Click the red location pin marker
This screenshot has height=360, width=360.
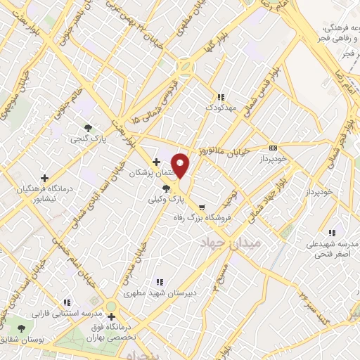coord(181,165)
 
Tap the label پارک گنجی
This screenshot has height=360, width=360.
coord(86,140)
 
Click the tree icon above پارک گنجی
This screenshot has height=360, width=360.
coord(87,128)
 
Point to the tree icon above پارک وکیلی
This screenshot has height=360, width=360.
coord(167,188)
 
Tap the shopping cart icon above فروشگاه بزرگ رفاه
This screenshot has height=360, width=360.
coord(202,207)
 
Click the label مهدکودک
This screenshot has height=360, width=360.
coord(219,108)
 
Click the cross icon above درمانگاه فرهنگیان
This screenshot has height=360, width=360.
coord(44,179)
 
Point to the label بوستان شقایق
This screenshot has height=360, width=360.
coord(20,340)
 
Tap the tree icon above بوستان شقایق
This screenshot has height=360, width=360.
coord(20,328)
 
